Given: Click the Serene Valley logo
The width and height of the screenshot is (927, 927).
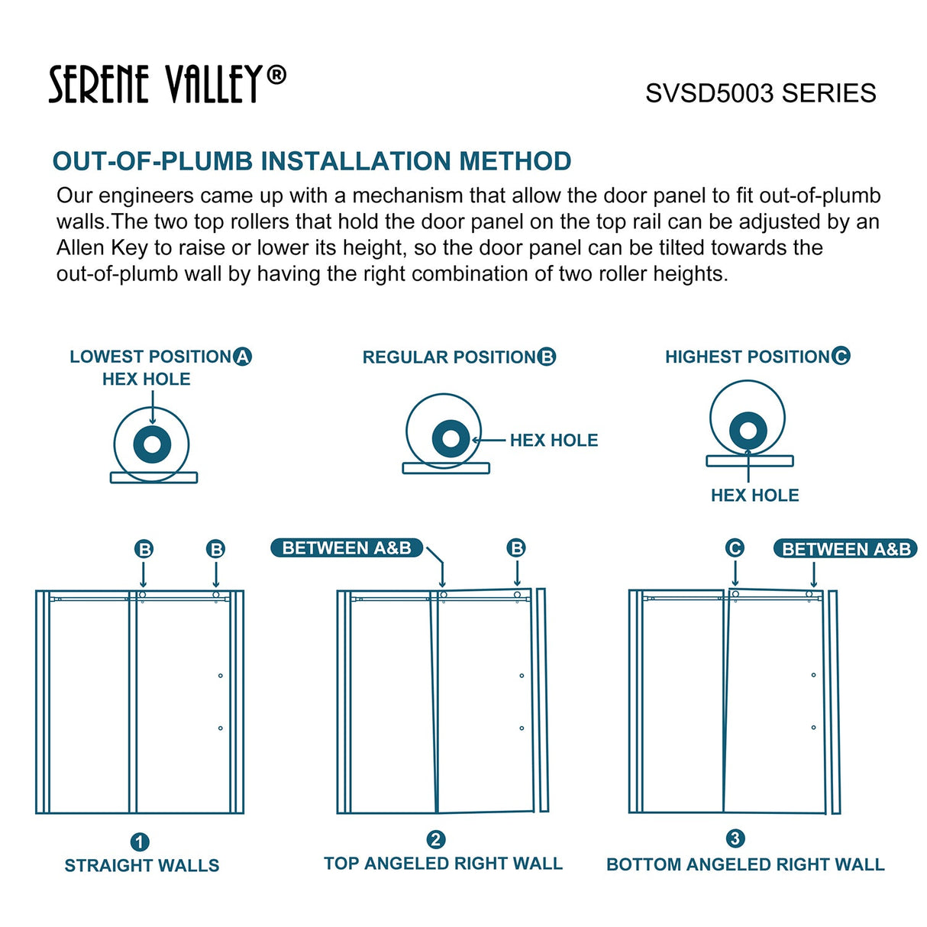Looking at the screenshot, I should (x=166, y=84).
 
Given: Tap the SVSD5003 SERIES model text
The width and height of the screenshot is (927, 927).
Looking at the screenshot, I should (x=760, y=93).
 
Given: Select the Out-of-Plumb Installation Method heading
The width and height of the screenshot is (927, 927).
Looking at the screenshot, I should (x=312, y=161).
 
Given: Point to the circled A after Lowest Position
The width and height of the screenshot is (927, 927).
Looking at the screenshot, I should (x=243, y=357).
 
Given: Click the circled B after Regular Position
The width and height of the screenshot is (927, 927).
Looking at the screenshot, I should (x=547, y=357).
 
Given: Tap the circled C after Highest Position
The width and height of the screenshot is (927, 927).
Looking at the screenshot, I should (x=841, y=356).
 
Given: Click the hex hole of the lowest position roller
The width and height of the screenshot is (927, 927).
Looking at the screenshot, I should (x=152, y=444).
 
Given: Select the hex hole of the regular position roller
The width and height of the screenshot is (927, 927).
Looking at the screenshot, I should (x=451, y=438).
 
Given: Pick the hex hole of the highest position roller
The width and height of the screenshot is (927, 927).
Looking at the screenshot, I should (x=748, y=431).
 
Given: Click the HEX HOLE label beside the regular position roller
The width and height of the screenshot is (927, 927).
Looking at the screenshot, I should (x=554, y=441).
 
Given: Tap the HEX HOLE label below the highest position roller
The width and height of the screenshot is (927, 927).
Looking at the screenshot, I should (x=754, y=496).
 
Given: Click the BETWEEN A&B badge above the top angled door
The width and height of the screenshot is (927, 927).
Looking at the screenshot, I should (x=347, y=548).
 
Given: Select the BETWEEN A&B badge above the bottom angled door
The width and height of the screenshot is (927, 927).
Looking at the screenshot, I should (x=845, y=549).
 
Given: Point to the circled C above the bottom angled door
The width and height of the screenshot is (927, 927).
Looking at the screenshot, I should (x=735, y=548).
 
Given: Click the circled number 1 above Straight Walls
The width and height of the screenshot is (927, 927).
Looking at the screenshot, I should (x=140, y=842).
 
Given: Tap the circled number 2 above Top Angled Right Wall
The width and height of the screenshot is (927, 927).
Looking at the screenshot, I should (x=435, y=840).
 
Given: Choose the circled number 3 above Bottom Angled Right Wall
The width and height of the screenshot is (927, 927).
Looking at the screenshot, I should (x=735, y=838).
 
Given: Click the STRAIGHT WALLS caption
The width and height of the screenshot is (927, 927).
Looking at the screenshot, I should (x=142, y=866).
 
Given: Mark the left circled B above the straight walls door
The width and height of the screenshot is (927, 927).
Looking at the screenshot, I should (x=144, y=549).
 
